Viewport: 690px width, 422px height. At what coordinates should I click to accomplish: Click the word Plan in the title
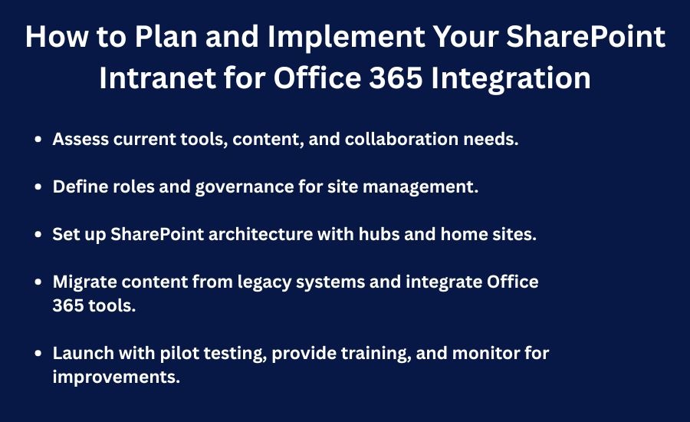[166, 36]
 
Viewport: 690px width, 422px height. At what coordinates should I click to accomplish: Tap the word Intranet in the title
[157, 78]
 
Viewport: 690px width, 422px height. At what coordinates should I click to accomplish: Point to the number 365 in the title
[396, 78]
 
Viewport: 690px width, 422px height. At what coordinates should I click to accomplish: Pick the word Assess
[80, 139]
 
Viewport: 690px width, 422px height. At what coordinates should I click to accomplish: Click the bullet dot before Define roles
[38, 186]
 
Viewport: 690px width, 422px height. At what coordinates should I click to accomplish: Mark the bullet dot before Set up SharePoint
[38, 234]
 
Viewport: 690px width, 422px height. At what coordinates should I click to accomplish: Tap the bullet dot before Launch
[38, 353]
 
